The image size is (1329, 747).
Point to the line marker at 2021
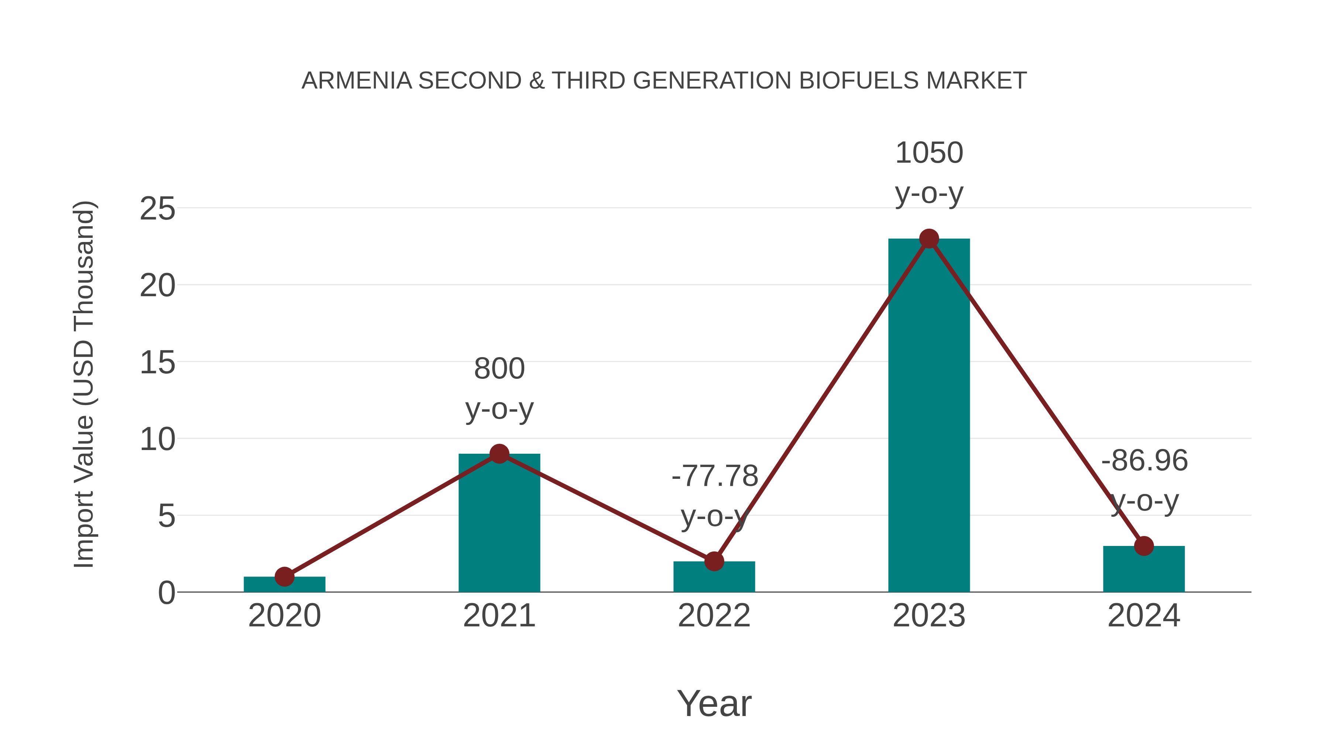tap(499, 454)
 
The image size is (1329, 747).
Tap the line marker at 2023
tap(929, 239)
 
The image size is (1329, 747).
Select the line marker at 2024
tap(1144, 546)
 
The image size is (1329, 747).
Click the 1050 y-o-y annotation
tap(929, 173)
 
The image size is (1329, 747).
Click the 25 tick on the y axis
tap(157, 209)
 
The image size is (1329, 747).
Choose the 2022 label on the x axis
tap(714, 616)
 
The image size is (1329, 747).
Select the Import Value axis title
tap(83, 384)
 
